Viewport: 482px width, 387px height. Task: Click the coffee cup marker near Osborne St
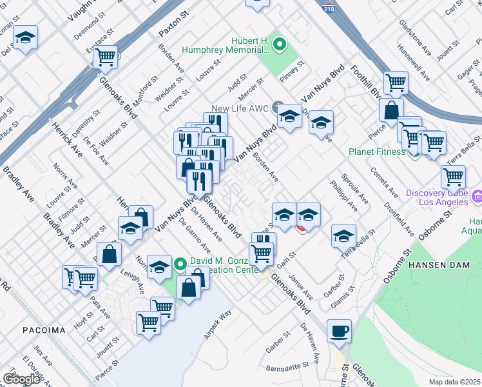coord(339,332)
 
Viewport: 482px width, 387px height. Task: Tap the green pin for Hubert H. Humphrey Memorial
coord(279,45)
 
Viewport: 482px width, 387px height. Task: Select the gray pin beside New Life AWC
coord(278,106)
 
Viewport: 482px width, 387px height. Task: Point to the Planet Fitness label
coord(378,152)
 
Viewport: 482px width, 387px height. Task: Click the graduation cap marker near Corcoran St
coord(25,38)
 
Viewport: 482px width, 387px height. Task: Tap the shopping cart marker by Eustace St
coord(105,57)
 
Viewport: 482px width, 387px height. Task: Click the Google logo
coord(21,379)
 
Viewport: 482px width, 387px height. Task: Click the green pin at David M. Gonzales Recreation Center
coord(180,263)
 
